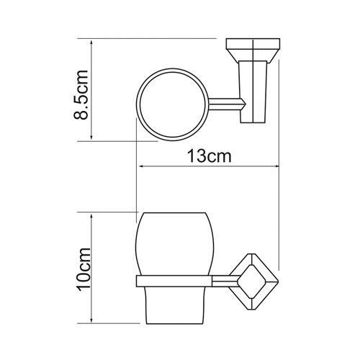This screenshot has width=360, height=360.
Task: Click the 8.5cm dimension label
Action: (x=81, y=94)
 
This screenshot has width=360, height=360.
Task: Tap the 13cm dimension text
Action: (x=209, y=156)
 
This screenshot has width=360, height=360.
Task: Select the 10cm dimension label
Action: (x=84, y=269)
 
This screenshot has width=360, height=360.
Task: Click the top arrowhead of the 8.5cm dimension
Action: (x=91, y=44)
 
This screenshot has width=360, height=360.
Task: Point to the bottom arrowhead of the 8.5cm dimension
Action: (x=91, y=136)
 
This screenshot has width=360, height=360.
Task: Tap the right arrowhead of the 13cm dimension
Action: (x=275, y=166)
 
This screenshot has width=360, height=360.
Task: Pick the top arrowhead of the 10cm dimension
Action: (x=91, y=217)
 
